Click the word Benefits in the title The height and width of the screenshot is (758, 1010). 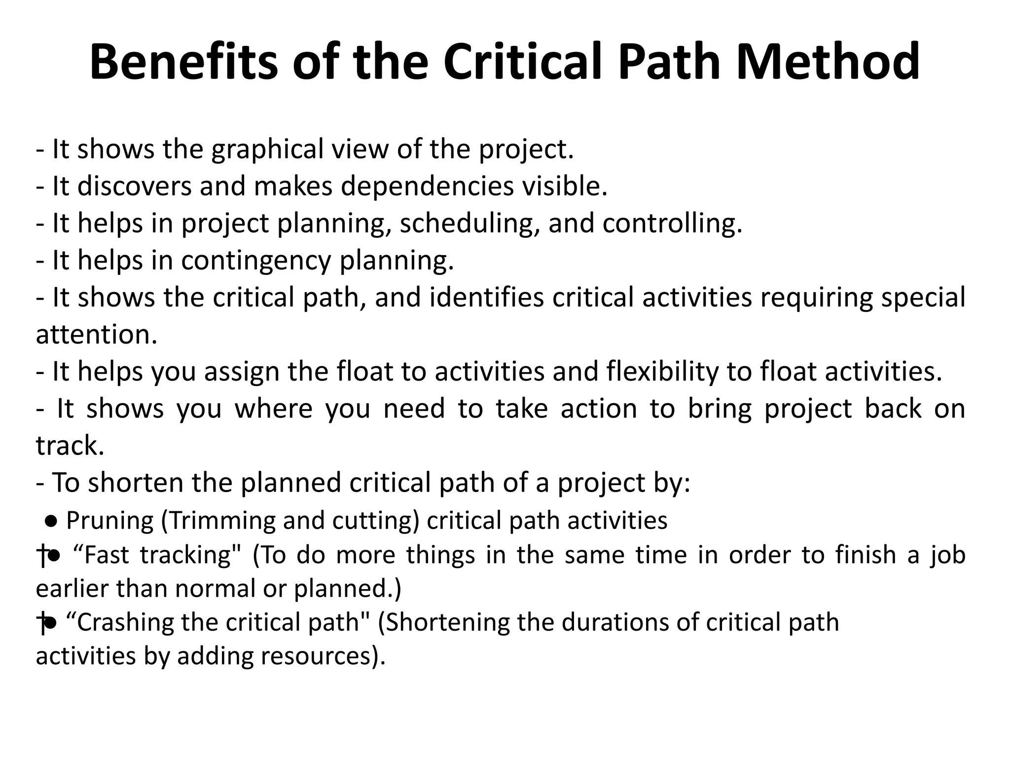[183, 62]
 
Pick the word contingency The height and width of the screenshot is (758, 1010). [256, 261]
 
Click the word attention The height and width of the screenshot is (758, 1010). [96, 335]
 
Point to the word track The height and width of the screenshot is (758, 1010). [70, 446]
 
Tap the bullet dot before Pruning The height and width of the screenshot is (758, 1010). [52, 520]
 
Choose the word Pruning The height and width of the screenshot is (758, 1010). [109, 521]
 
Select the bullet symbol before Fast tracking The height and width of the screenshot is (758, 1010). [54, 556]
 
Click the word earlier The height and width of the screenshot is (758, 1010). [72, 589]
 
